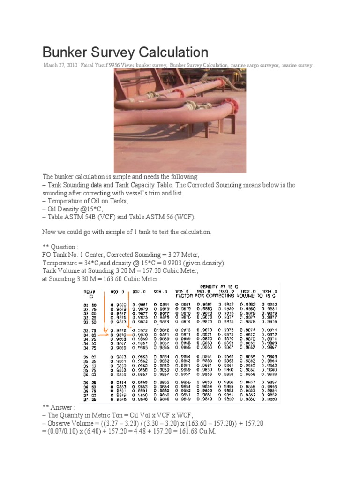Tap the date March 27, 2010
(60, 66)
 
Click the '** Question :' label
(59, 247)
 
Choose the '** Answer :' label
(57, 408)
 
